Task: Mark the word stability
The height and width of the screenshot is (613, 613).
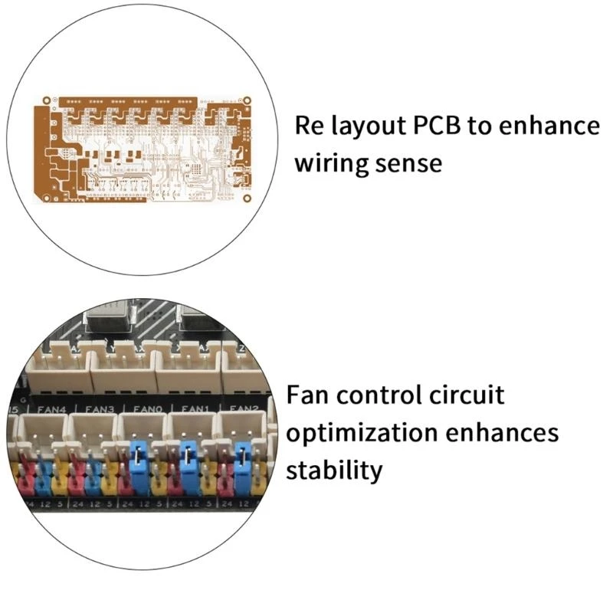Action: pos(333,470)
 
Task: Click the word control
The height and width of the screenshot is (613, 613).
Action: pos(375,395)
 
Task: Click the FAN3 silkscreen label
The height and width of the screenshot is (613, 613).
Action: pos(97,409)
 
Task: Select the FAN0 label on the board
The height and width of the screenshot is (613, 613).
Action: pos(146,409)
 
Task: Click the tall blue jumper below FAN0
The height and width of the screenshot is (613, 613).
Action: pos(140,466)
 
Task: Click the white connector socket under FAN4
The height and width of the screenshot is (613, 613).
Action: pos(42,433)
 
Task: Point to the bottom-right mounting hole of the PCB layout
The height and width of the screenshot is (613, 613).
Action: pos(246,195)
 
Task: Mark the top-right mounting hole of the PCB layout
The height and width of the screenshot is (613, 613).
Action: pos(246,100)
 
